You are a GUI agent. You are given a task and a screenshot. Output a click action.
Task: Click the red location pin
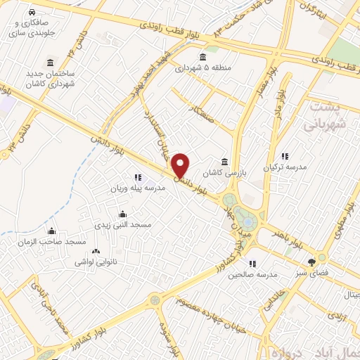(181, 165)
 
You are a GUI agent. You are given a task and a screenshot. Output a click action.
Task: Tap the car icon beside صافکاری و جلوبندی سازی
(32, 13)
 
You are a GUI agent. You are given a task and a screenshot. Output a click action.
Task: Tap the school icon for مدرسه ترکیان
(285, 156)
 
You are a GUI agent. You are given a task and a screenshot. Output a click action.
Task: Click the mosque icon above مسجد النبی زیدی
(123, 214)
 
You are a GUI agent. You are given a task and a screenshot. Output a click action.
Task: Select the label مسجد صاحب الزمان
(52, 242)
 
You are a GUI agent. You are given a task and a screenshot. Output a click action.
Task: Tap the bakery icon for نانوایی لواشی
(96, 251)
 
